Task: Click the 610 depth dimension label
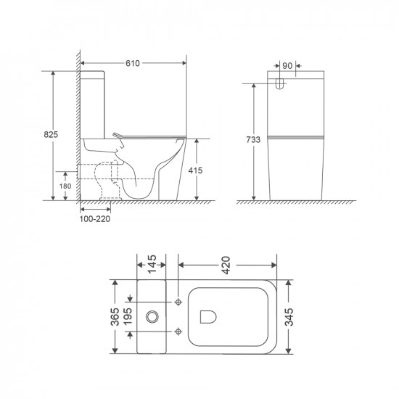pos(132,64)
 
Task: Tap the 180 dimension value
pos(65,186)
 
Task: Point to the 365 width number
pos(115,316)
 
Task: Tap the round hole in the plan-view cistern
pos(153,316)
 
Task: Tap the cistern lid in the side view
pos(93,73)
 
